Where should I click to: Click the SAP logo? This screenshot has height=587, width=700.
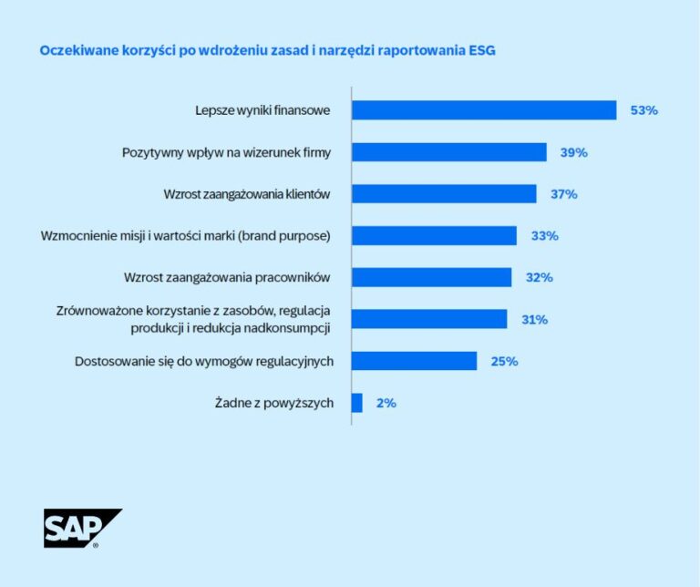pos(81,528)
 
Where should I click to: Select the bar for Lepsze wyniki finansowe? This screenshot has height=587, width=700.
pos(484,110)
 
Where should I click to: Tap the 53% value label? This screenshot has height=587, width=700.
pos(643,110)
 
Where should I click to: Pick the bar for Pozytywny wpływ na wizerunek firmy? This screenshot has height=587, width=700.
pos(449,152)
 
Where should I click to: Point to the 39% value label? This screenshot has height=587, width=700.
pos(573,152)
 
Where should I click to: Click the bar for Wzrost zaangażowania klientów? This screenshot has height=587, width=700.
pos(444,194)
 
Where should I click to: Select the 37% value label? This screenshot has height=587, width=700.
pos(563,194)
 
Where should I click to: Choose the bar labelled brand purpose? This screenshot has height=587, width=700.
pos(434,236)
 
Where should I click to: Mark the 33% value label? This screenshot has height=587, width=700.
pos(544,236)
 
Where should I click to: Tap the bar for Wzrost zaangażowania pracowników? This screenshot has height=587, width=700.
pos(431,277)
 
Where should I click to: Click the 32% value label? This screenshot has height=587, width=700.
pos(539,277)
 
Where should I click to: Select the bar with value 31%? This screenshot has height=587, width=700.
pos(429,319)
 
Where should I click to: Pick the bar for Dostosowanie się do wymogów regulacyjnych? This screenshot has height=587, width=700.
pos(414,361)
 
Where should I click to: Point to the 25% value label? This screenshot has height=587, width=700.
pos(504,361)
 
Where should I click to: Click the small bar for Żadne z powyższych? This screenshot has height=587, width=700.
pos(357,403)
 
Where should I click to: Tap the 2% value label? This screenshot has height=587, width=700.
pos(386,403)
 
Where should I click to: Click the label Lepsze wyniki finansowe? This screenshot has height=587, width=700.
pos(262,110)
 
